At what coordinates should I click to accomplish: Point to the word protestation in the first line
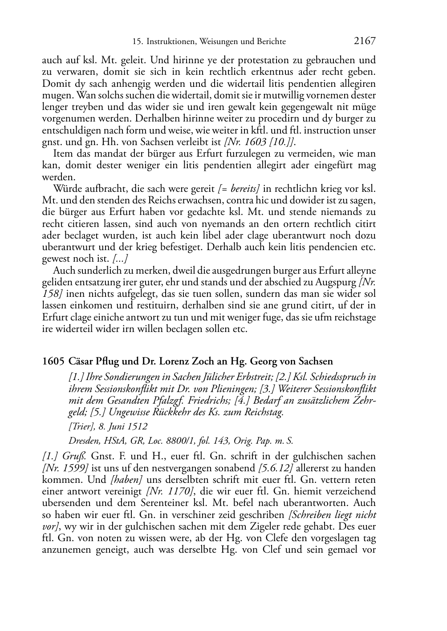click(238, 60)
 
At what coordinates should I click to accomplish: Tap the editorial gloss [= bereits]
click(239, 189)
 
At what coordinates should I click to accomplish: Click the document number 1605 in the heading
click(53, 361)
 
